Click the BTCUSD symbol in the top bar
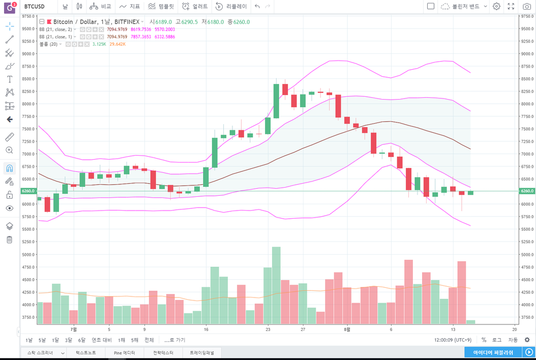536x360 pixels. pos(35,6)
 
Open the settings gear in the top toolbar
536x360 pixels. pos(496,6)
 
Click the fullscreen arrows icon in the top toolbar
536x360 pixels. pos(511,6)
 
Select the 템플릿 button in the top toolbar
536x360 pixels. pos(161,6)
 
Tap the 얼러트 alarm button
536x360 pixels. pos(195,6)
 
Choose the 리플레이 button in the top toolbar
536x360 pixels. pos(232,6)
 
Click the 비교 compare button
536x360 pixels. pos(101,6)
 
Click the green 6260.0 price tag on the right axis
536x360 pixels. pos(527,191)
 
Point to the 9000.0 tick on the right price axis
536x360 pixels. pos(527,54)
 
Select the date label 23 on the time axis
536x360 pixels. pos(268,330)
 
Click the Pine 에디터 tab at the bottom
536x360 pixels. pos(125,353)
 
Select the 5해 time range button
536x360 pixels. pos(135,340)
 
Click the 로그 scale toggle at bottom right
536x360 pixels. pos(497,340)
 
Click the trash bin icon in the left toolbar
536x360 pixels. pos(9,239)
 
